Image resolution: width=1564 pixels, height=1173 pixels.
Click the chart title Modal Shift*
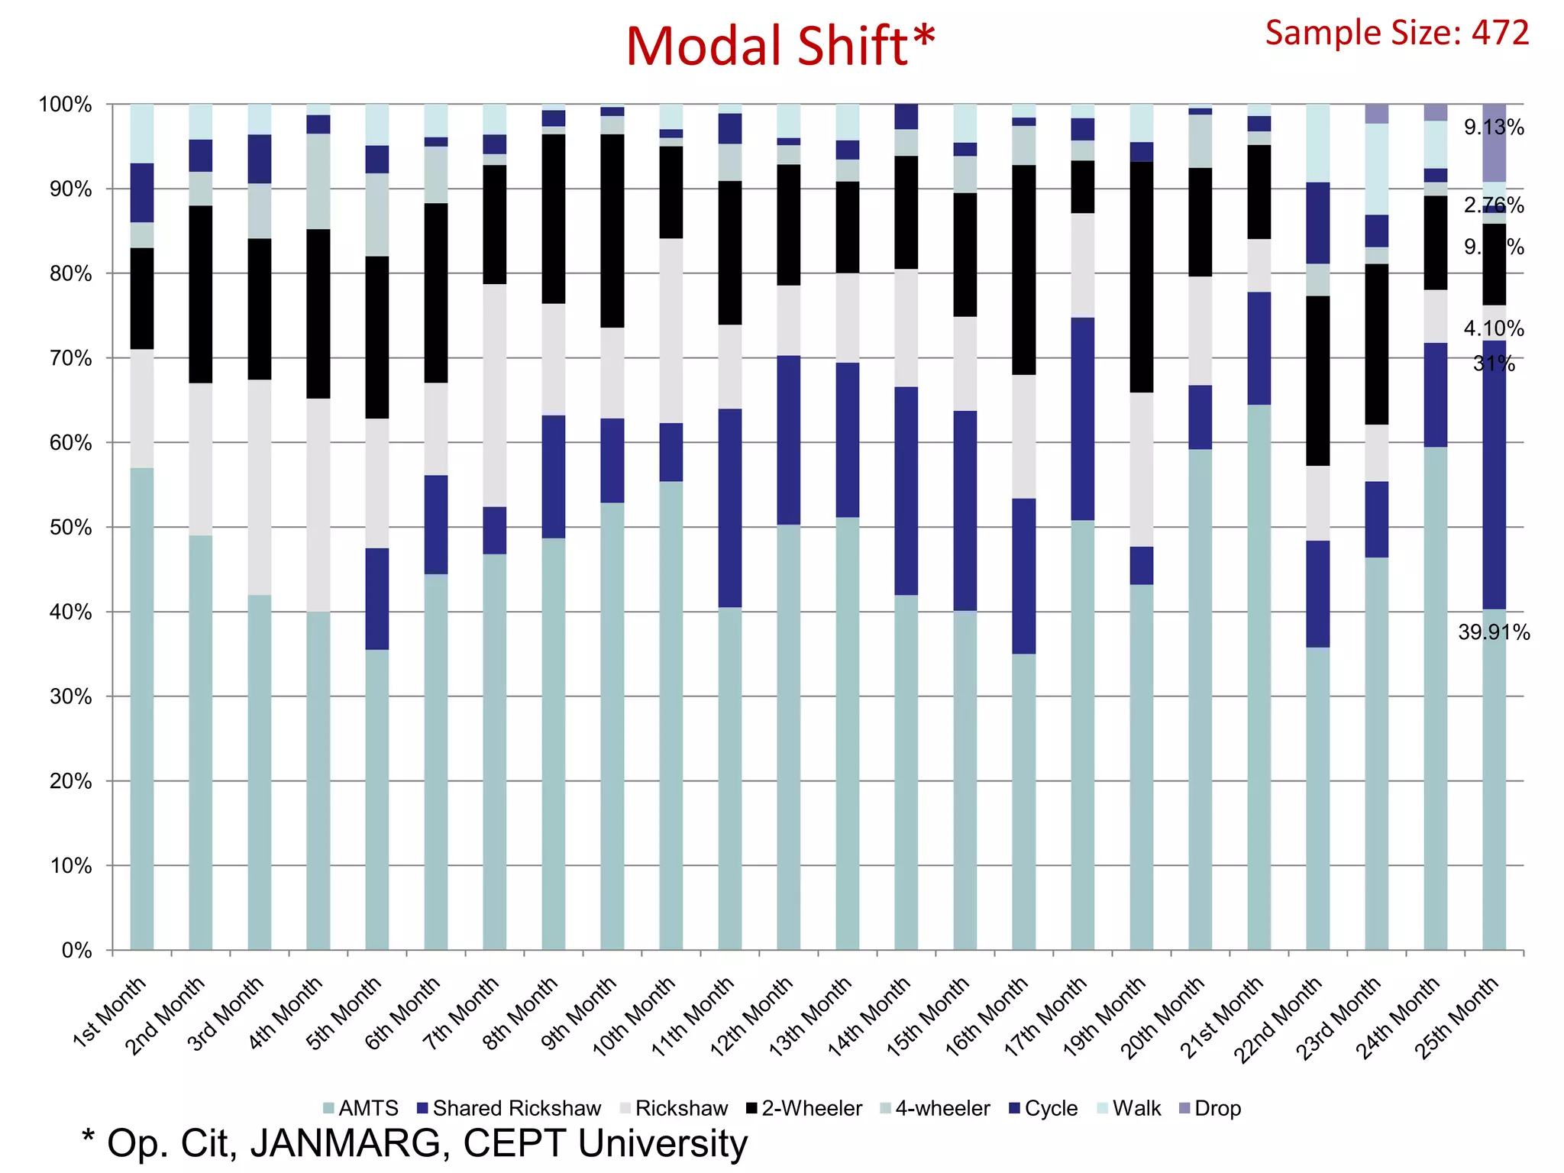click(x=780, y=46)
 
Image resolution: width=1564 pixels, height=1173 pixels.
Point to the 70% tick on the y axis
click(x=71, y=358)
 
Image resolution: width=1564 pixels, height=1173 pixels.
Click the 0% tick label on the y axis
click(x=76, y=950)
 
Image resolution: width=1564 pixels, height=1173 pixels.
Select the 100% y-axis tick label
click(x=66, y=105)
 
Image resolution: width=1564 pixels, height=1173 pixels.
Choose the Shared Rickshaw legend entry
click(x=509, y=1108)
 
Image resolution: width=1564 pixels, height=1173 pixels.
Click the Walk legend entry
click(x=1129, y=1108)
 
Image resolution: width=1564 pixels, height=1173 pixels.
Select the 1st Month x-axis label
click(x=108, y=1012)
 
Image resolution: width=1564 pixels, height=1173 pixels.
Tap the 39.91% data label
click(x=1494, y=632)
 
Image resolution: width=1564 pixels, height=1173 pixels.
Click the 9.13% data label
click(x=1494, y=128)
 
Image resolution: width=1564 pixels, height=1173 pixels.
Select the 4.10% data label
click(x=1494, y=328)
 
